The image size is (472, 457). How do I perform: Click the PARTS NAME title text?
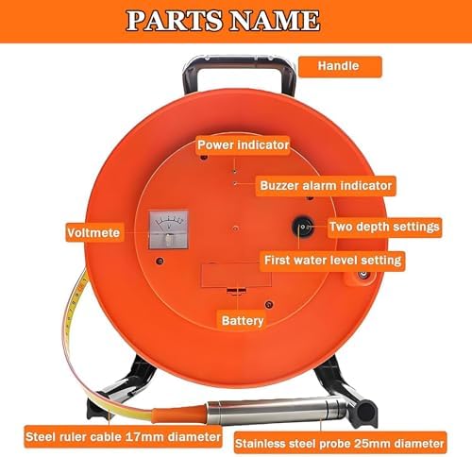click(237, 20)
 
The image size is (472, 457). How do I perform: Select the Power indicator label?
click(243, 144)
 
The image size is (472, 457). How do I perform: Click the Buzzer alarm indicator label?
click(326, 185)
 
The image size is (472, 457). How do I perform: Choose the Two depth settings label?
click(385, 227)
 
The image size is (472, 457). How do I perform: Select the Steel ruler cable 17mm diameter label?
click(124, 438)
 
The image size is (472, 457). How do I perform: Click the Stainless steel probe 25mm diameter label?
click(338, 442)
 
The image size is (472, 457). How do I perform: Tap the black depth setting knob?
click(303, 227)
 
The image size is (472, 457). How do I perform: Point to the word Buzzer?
click(282, 185)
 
